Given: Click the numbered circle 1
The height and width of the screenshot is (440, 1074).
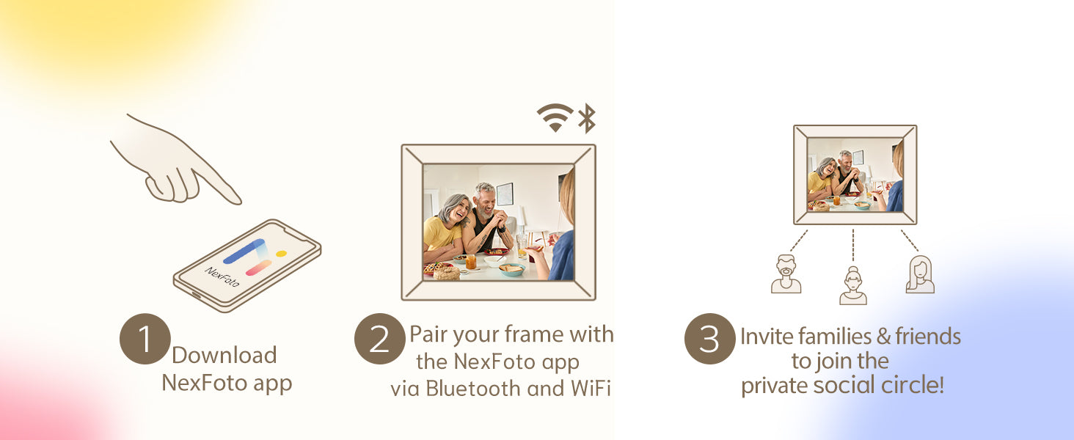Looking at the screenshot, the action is [x=145, y=339].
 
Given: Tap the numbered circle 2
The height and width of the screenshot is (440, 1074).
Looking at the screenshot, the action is [x=380, y=339].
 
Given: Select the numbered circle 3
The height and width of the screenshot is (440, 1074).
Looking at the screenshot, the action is [x=709, y=339].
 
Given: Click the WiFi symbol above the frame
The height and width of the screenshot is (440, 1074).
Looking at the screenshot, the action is [x=555, y=117].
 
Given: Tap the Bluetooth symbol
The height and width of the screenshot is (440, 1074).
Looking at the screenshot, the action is [x=587, y=118].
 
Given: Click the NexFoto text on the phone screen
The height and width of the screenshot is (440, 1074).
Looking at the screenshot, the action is [x=222, y=276].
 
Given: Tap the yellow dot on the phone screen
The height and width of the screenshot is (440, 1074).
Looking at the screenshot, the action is [x=282, y=253].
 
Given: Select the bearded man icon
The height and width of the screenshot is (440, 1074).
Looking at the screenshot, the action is [x=786, y=274].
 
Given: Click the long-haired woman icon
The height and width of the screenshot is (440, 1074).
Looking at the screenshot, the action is [x=920, y=274].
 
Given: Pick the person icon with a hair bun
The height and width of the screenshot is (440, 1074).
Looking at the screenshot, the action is [x=853, y=286].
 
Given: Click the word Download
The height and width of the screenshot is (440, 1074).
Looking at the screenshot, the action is [x=224, y=355].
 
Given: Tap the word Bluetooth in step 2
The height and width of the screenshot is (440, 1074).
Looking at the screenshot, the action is [x=472, y=388].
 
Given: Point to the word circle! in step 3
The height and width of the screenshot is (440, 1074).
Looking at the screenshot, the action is [x=913, y=385].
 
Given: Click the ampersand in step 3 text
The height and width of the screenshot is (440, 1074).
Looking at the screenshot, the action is [x=884, y=337].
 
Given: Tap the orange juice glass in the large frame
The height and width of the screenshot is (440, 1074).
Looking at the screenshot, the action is [x=471, y=262].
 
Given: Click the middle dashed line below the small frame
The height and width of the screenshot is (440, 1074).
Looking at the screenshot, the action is [x=853, y=245].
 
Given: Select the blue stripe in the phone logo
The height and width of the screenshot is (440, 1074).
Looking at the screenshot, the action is [x=244, y=251].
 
